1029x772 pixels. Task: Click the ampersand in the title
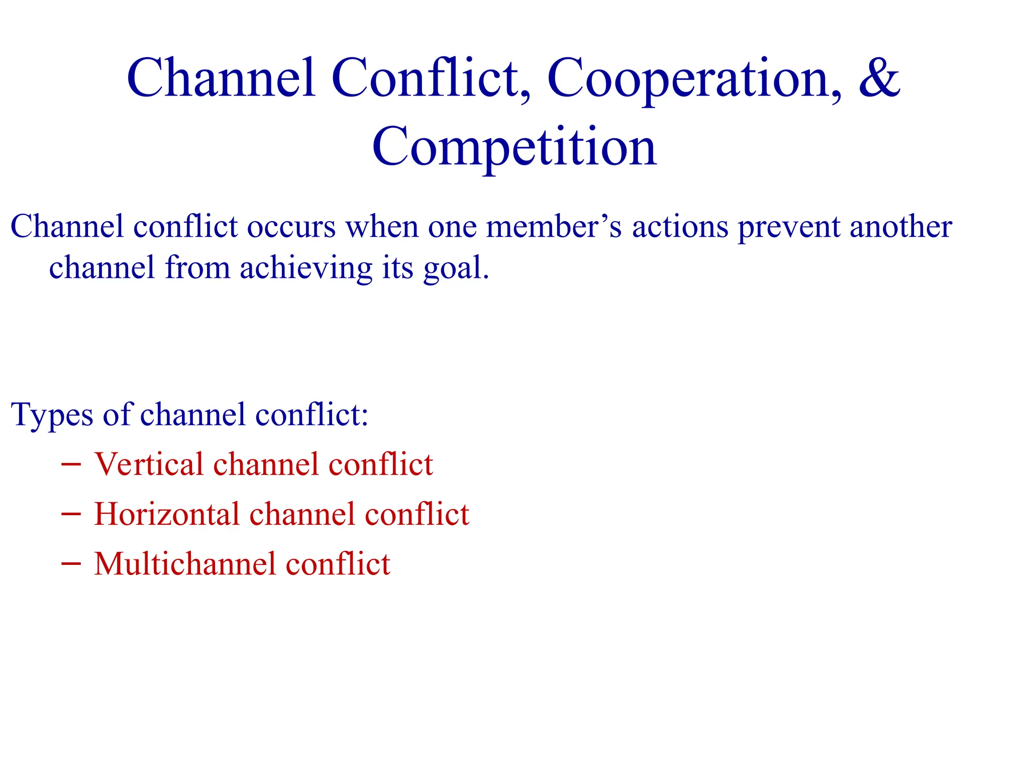[x=879, y=78]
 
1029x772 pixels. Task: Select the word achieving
[x=306, y=269]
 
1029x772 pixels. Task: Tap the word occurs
[x=291, y=227]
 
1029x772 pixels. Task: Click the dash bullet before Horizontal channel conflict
[x=71, y=514]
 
